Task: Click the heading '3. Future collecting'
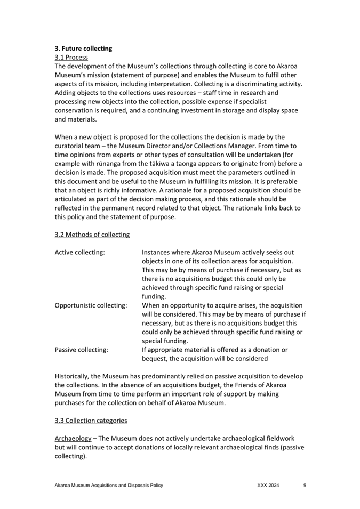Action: [83, 49]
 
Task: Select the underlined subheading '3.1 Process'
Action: [71, 57]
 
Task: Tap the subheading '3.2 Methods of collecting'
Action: [92, 234]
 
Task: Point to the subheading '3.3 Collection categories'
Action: [91, 421]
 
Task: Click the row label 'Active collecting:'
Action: [79, 252]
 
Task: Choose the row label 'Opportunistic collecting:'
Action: [91, 305]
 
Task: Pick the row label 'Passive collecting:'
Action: [81, 350]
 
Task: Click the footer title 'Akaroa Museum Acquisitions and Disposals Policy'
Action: [109, 486]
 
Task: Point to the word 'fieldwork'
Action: [281, 438]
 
